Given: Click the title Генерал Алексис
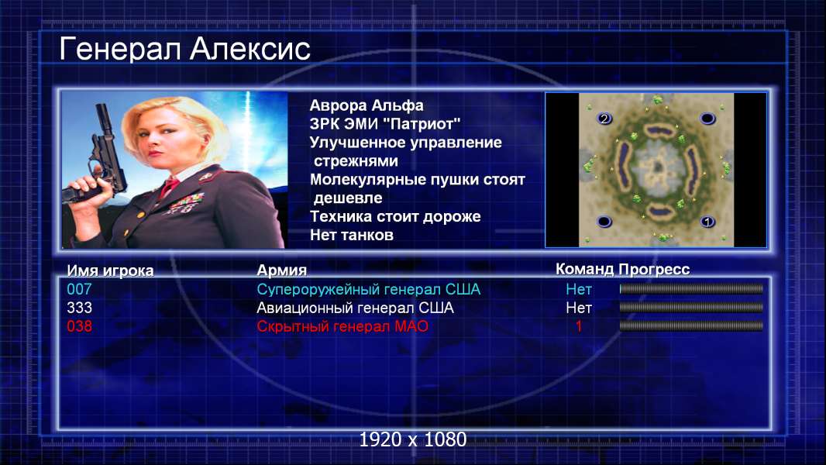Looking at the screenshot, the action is (184, 50).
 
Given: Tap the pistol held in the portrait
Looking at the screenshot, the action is (100, 158).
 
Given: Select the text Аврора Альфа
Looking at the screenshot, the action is (366, 105).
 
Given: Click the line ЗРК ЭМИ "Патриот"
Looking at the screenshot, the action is (384, 124).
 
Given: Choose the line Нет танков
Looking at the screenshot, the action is (351, 235).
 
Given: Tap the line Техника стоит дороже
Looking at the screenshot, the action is (395, 216).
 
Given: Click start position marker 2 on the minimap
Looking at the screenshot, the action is (604, 119).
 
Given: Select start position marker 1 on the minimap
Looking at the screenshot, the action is (707, 221).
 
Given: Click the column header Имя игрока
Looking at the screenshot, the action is (110, 270).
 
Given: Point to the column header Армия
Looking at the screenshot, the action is (281, 270).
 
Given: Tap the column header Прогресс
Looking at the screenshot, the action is (654, 270).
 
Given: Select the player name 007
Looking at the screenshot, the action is (79, 289).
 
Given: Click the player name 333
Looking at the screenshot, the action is (79, 308).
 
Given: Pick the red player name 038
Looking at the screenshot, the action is (79, 326).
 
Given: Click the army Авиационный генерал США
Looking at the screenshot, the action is (355, 308).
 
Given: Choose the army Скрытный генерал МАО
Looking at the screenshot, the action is (342, 326).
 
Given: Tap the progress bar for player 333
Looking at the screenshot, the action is (691, 308).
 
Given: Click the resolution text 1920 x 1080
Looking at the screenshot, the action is (412, 439).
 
